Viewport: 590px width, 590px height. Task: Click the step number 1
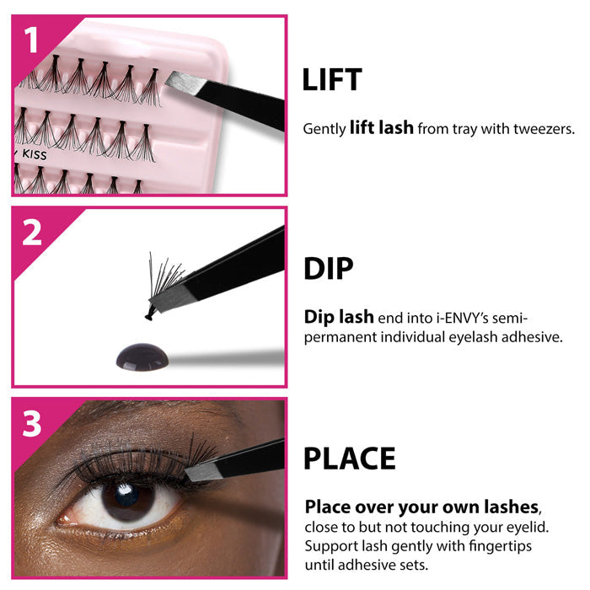pos(32,40)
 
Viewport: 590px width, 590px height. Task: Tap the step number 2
pos(32,232)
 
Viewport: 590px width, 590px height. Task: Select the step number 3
pos(32,423)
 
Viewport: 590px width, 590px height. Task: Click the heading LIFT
pos(332,79)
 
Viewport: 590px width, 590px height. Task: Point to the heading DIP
pos(328,269)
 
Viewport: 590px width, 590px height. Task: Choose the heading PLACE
pos(349,459)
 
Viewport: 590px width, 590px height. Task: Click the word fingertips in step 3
pos(484,546)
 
